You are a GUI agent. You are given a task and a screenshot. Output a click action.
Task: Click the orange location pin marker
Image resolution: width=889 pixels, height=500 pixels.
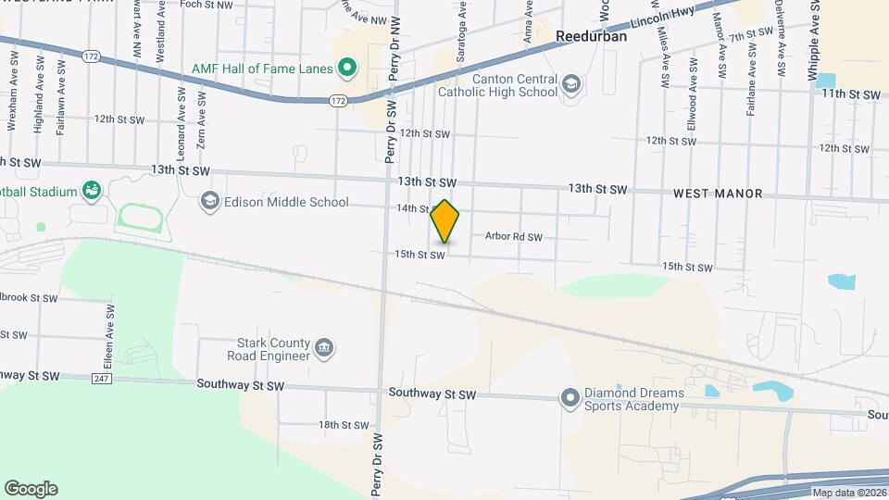[445, 221]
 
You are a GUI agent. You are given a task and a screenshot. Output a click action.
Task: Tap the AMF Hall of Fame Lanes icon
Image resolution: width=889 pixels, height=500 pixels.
[347, 68]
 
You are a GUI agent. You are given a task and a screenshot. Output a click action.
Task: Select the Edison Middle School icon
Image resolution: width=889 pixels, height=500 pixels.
[210, 201]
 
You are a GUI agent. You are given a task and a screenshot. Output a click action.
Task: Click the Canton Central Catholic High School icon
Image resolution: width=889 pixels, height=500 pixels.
[571, 84]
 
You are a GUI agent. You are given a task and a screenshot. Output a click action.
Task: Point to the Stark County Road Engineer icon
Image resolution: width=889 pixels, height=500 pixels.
[325, 348]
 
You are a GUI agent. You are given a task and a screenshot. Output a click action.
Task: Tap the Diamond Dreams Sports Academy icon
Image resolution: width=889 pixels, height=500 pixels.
[571, 399]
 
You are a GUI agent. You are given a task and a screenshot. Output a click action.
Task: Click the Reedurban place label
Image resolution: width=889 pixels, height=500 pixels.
[591, 37]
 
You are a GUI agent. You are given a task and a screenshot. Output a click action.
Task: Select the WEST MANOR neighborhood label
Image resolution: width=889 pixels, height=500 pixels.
[718, 194]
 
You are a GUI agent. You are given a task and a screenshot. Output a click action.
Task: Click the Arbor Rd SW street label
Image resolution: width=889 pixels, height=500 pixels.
[513, 237]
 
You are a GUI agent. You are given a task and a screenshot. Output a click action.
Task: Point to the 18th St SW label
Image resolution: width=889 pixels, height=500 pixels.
[344, 425]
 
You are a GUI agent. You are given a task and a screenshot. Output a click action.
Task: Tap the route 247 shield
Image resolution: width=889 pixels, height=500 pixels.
[102, 379]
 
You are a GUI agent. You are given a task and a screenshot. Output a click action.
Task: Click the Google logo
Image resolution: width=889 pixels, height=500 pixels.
[31, 489]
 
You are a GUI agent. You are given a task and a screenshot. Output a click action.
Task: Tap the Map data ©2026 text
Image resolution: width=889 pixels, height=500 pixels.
[848, 493]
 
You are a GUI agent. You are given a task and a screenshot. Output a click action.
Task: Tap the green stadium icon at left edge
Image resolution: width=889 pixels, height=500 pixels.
[91, 192]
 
